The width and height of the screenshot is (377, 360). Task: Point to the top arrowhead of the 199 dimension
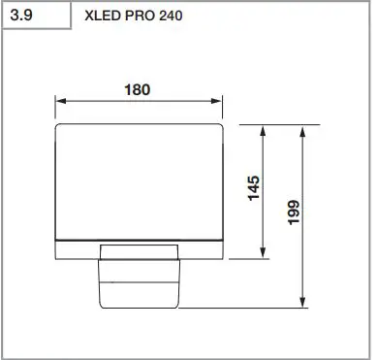(305, 129)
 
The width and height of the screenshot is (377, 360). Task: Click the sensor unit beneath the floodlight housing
(141, 281)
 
